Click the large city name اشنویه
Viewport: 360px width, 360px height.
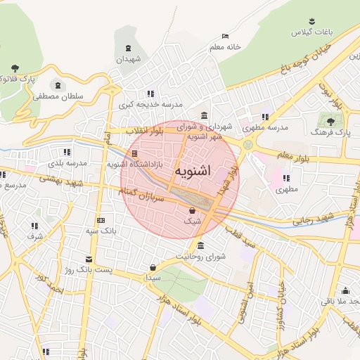click(192, 171)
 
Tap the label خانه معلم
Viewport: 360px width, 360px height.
click(225, 46)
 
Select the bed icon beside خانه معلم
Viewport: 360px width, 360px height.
click(225, 36)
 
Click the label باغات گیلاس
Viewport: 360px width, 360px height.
click(310, 33)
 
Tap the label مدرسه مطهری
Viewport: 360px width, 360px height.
click(266, 128)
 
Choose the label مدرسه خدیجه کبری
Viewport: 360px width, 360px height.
click(150, 104)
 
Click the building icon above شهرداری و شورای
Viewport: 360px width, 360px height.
click(204, 115)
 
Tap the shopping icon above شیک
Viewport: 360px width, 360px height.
click(192, 210)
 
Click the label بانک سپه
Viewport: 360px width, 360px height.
click(101, 230)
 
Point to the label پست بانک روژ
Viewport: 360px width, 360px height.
click(88, 269)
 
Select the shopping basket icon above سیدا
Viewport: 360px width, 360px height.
click(153, 267)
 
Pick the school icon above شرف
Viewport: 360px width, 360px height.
click(34, 226)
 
